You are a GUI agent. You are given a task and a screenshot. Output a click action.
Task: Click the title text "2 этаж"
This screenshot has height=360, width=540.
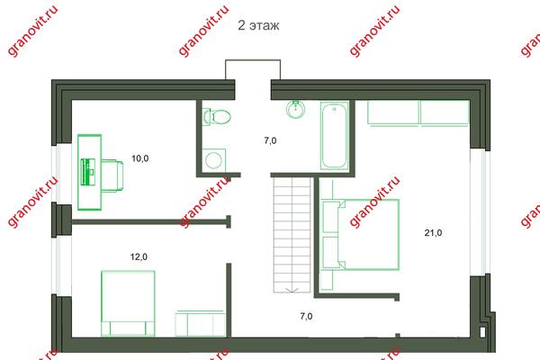coord(258,25)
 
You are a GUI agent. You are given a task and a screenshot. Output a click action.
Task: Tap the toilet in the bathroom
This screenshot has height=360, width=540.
coord(216,116)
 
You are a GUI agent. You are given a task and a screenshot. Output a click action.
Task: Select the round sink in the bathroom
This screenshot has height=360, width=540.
coord(295,109)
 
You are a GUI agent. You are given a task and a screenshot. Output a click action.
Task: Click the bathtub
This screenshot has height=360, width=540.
coord(334,135)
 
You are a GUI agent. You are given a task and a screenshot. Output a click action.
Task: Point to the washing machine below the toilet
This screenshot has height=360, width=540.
coord(213,160)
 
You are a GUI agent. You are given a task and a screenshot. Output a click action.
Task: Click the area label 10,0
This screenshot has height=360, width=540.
coord(140,158)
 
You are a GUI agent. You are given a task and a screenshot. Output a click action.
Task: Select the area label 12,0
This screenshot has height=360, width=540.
coord(139,256)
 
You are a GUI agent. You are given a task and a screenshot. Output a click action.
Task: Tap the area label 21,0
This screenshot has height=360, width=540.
coord(433,233)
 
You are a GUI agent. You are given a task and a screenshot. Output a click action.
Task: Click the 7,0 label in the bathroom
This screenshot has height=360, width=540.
coord(270,140)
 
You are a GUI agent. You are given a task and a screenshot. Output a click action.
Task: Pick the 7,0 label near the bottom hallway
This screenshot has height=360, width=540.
coord(306,316)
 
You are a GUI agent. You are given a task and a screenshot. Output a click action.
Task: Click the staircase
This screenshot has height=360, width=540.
coord(292,234)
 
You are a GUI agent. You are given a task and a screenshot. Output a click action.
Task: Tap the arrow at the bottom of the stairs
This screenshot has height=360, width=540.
coord(292,290)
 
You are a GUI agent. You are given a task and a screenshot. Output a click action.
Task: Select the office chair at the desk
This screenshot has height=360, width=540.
coord(112,175)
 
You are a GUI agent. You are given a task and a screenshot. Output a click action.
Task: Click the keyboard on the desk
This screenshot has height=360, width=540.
coord(88,172)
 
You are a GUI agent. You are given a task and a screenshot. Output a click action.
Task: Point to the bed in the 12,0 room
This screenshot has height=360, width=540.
coord(128,303)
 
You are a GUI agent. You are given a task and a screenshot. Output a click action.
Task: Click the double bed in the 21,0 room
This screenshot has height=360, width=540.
coord(361,234)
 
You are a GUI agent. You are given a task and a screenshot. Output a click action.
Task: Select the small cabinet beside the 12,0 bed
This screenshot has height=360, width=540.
coord(200,323)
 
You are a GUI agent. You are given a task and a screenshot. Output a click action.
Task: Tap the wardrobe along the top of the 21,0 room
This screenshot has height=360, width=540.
coord(418,113)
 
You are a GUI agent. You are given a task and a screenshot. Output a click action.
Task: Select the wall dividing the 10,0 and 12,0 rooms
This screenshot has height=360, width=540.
coord(151,222)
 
